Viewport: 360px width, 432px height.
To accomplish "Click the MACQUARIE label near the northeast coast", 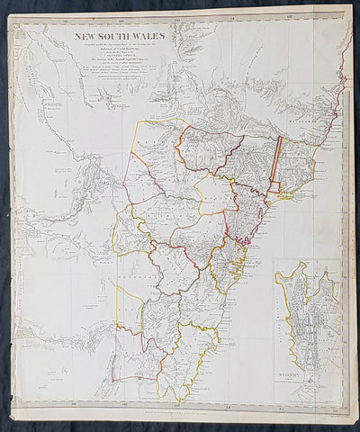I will point(319,135).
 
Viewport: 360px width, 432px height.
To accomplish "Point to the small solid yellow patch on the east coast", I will point(287,192).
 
